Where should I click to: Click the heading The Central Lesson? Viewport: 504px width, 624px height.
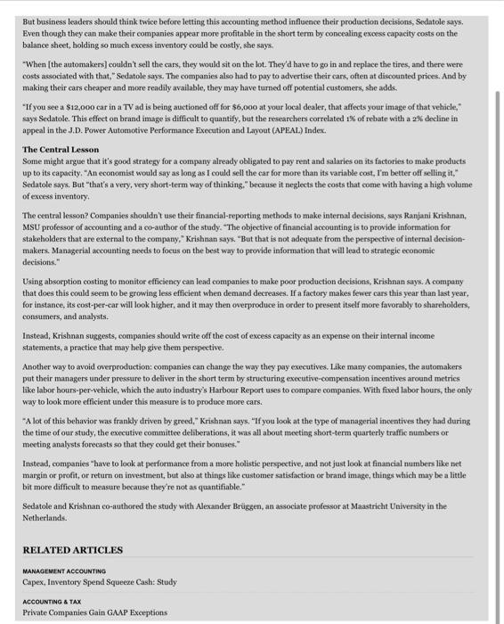(61, 149)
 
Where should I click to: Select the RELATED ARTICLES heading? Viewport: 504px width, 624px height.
(73, 550)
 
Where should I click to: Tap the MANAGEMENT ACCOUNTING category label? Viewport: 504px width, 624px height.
(64, 571)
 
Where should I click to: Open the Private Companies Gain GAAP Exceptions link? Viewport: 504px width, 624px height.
(94, 612)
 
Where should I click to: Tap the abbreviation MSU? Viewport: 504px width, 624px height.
(35, 227)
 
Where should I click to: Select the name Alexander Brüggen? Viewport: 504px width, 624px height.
(241, 505)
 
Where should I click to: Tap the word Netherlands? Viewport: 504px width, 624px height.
(45, 517)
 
